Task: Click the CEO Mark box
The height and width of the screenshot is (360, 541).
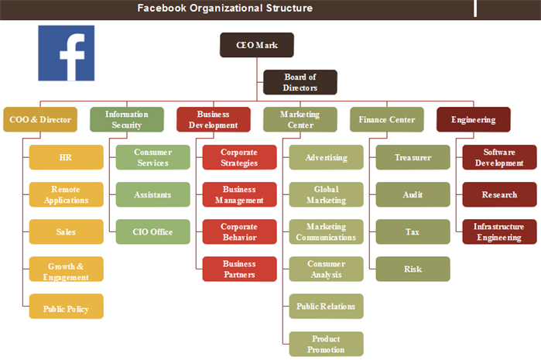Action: (x=257, y=45)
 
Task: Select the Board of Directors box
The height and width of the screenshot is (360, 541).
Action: (x=300, y=82)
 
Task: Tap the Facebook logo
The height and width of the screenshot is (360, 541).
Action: (x=67, y=53)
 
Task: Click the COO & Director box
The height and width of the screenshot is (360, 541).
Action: (x=40, y=119)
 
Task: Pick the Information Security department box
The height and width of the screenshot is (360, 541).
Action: (x=127, y=119)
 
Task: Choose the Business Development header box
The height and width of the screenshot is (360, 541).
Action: (x=213, y=119)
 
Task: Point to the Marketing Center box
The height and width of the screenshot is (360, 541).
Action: (x=300, y=119)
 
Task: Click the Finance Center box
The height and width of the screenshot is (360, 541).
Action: (x=387, y=119)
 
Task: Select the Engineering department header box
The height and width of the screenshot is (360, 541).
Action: (x=474, y=119)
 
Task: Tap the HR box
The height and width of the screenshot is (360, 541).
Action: (x=67, y=157)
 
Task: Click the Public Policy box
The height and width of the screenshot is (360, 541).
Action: (x=67, y=306)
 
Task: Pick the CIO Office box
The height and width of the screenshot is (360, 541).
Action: (x=152, y=231)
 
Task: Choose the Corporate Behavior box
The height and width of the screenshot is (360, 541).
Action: (x=239, y=231)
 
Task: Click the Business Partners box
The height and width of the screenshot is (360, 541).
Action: (x=239, y=269)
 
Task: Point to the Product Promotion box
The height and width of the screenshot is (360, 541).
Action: (x=326, y=344)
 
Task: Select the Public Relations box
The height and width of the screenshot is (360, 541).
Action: (x=326, y=306)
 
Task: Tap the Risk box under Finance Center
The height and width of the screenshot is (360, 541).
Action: (x=413, y=269)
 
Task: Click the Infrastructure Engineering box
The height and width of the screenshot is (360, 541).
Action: (x=500, y=231)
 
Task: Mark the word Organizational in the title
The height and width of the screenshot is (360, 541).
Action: (x=226, y=8)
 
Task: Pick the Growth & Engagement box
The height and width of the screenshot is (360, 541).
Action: (x=67, y=269)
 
